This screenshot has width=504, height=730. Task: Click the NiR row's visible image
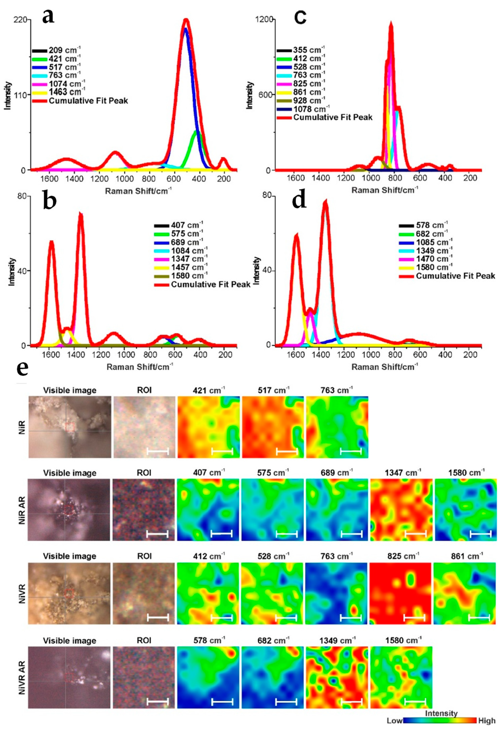[70, 427]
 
